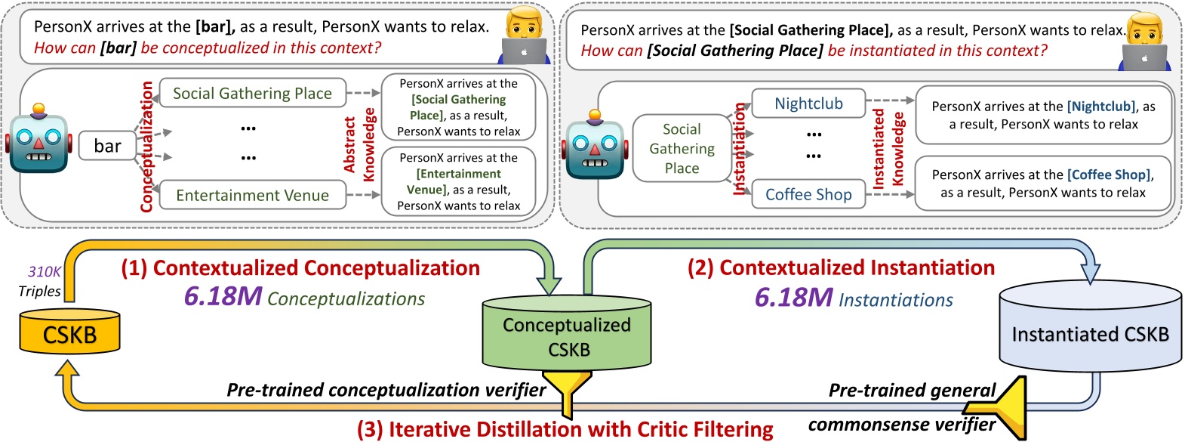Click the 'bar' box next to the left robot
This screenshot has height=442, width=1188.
pyautogui.click(x=107, y=146)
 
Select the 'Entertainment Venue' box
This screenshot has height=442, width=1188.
pyautogui.click(x=252, y=195)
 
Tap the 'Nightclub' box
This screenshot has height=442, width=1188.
pyautogui.click(x=808, y=104)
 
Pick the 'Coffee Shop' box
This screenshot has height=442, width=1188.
pyautogui.click(x=808, y=194)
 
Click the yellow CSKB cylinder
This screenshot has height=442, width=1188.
pyautogui.click(x=69, y=332)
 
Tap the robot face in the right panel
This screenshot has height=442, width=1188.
pyautogui.click(x=595, y=147)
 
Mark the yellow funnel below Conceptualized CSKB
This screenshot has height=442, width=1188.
pyautogui.click(x=567, y=389)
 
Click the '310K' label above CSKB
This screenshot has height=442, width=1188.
pyautogui.click(x=44, y=272)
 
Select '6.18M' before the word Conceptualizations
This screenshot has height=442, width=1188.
pyautogui.click(x=223, y=297)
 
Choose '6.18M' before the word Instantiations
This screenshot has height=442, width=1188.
pyautogui.click(x=793, y=298)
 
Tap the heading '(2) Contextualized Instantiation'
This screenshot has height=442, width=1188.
pyautogui.click(x=840, y=267)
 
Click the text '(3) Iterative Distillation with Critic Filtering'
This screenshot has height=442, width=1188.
pyautogui.click(x=565, y=429)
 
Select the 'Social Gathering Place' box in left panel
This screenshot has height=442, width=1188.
pyautogui.click(x=252, y=93)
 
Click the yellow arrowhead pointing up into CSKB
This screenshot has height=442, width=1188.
pyautogui.click(x=68, y=369)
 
